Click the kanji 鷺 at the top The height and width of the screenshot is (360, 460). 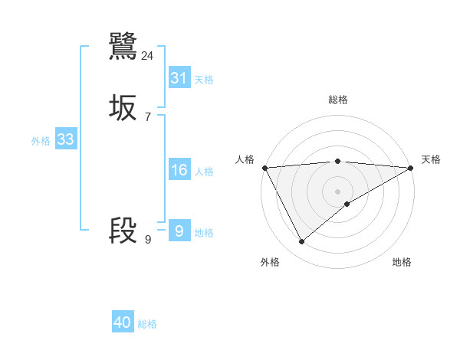click(x=123, y=46)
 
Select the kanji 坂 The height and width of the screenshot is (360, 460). click(x=123, y=109)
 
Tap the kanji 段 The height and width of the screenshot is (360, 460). click(x=123, y=231)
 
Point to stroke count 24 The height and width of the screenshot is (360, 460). click(x=148, y=55)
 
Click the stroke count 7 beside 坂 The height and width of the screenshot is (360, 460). click(x=148, y=117)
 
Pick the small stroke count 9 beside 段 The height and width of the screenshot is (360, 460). click(x=148, y=240)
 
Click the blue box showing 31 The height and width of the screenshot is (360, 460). click(x=179, y=78)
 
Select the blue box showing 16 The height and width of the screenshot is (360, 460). click(x=179, y=170)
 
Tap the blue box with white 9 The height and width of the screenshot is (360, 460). click(x=179, y=231)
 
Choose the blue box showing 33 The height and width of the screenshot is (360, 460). click(x=65, y=139)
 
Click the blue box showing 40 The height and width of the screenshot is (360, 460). click(x=123, y=322)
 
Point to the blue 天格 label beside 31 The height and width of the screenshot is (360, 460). click(x=204, y=80)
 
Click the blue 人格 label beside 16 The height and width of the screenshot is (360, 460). click(x=204, y=172)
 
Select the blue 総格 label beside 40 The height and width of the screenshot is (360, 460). click(x=147, y=324)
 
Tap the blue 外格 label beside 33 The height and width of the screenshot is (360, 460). click(x=41, y=141)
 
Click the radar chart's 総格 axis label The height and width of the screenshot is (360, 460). click(x=338, y=100)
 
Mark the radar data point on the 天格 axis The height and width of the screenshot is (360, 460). click(x=411, y=168)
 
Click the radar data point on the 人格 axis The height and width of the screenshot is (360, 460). click(x=264, y=168)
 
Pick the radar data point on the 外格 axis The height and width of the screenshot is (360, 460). click(x=301, y=242)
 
